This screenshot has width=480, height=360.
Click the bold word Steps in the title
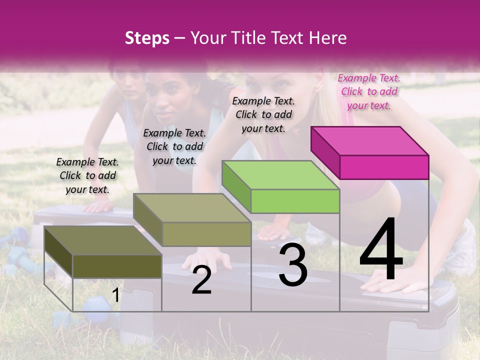147,38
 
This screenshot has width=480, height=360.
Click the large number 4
381,250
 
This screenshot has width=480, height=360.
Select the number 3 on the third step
293,264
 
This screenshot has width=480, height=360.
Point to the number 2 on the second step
201,280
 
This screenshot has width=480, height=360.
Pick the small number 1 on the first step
115,295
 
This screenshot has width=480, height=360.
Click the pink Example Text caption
369,91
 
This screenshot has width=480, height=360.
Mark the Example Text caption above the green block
263,114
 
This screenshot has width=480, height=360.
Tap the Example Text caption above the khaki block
174,146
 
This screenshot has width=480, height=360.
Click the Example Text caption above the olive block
87,175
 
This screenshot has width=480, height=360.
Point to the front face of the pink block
384,167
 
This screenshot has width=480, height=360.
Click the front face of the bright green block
295,201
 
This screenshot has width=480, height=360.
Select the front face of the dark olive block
117,266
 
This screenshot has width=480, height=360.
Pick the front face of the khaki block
206,234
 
